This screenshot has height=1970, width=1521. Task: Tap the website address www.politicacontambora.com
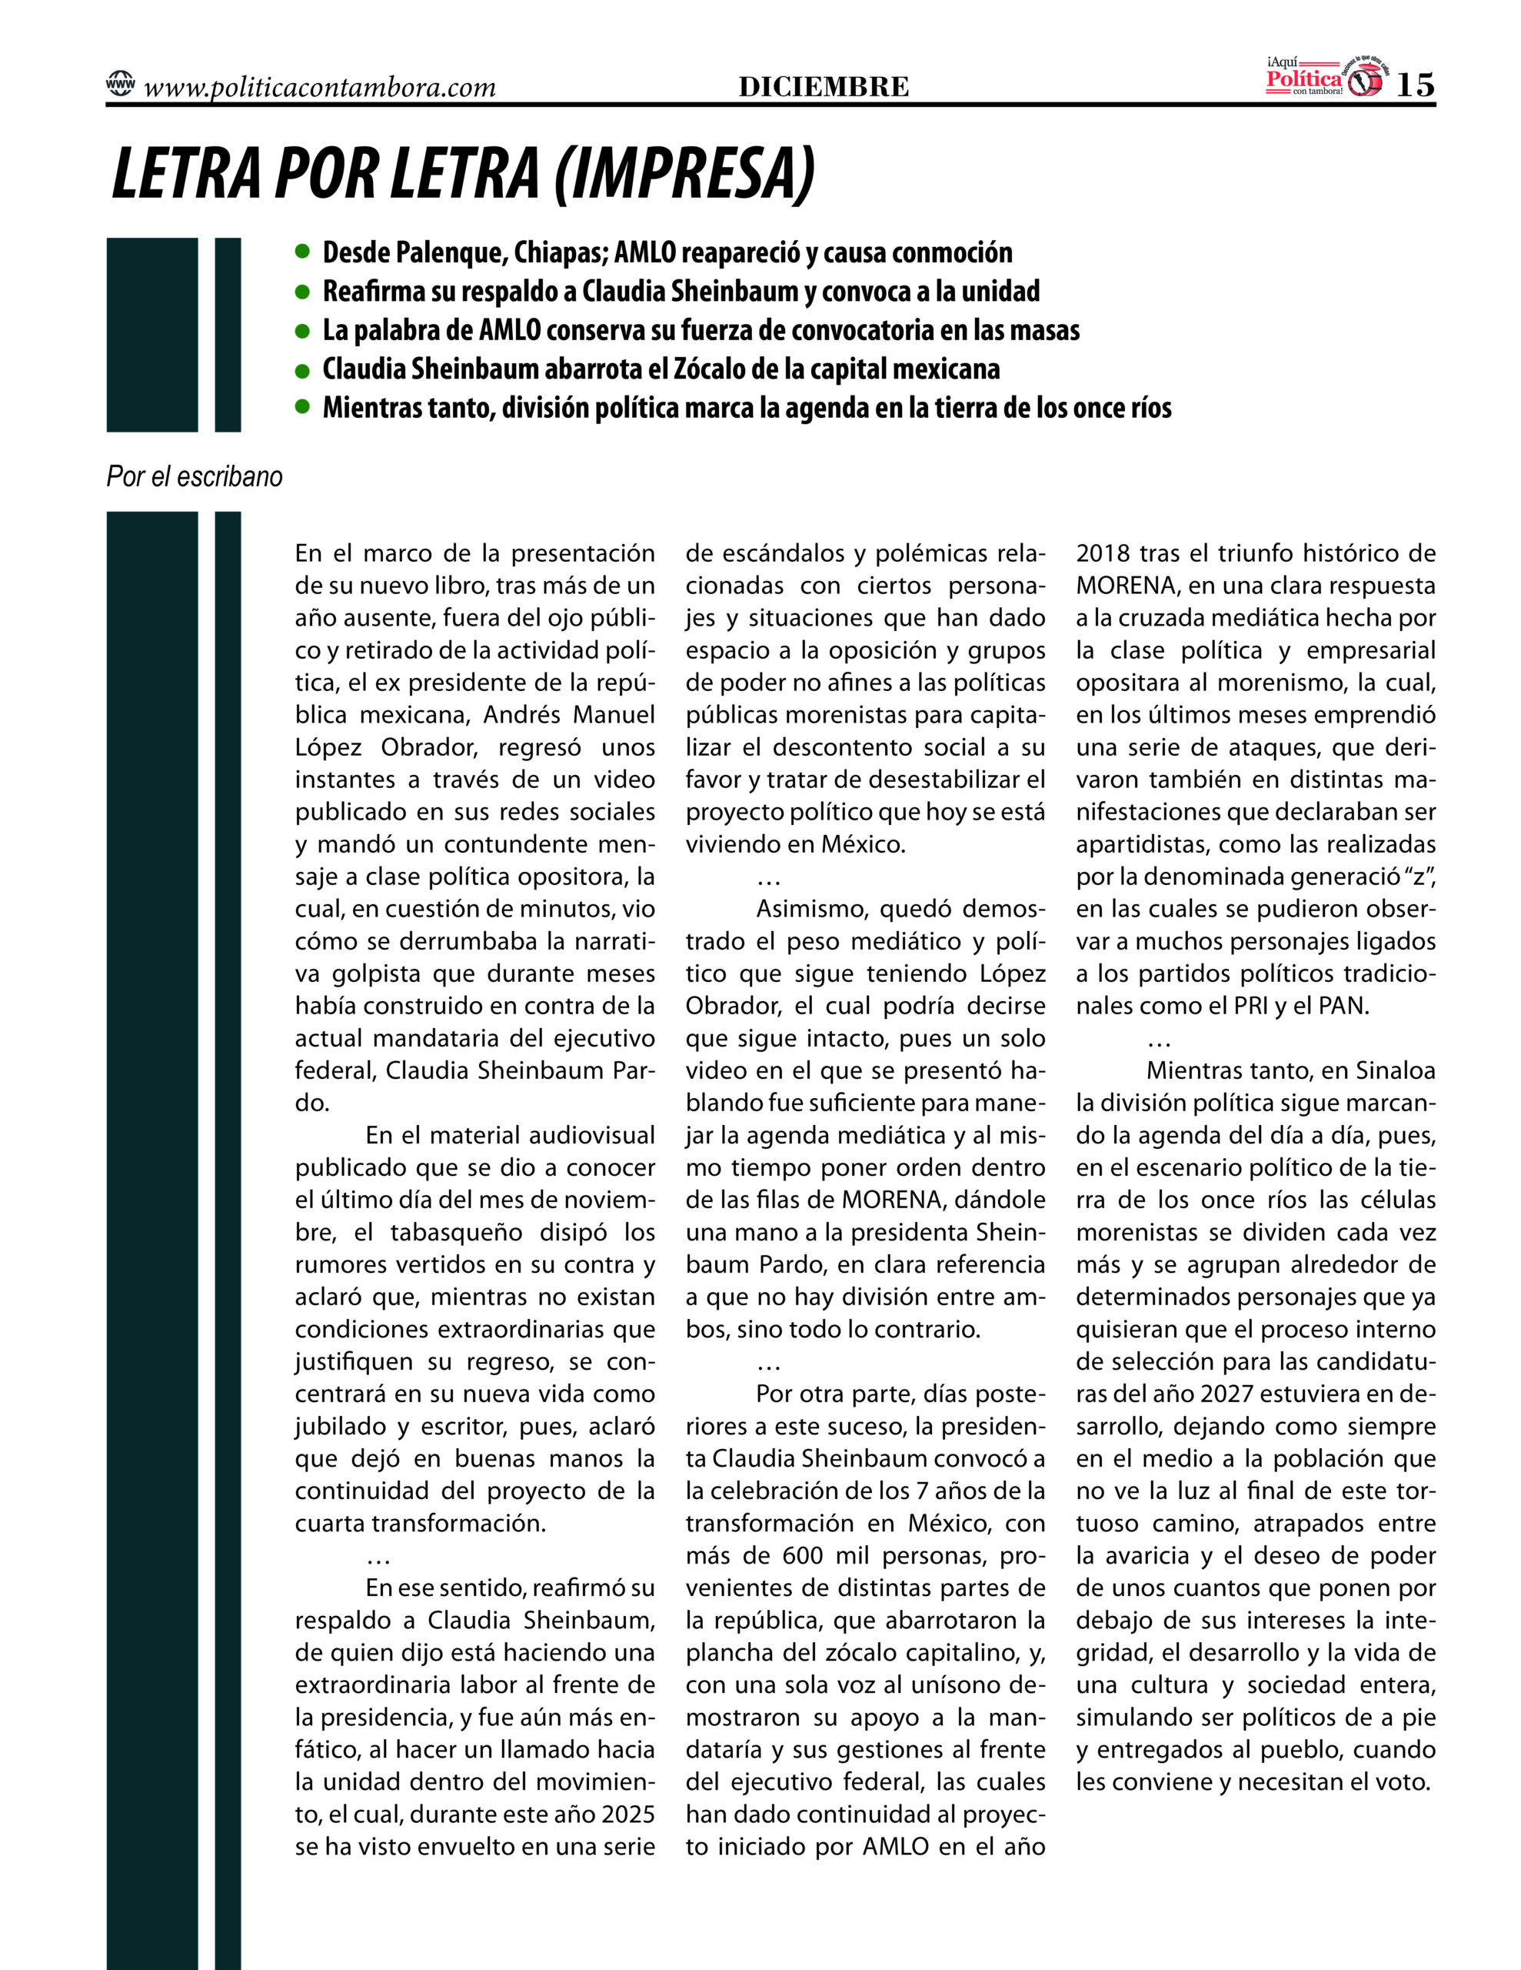click(x=319, y=88)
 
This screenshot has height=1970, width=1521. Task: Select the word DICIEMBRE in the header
click(x=823, y=87)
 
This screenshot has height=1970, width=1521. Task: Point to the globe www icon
click(x=120, y=85)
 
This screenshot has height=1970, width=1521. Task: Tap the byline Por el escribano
click(x=195, y=476)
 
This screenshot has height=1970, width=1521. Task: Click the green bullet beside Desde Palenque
click(x=302, y=252)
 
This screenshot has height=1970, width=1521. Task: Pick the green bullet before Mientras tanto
click(x=302, y=408)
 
